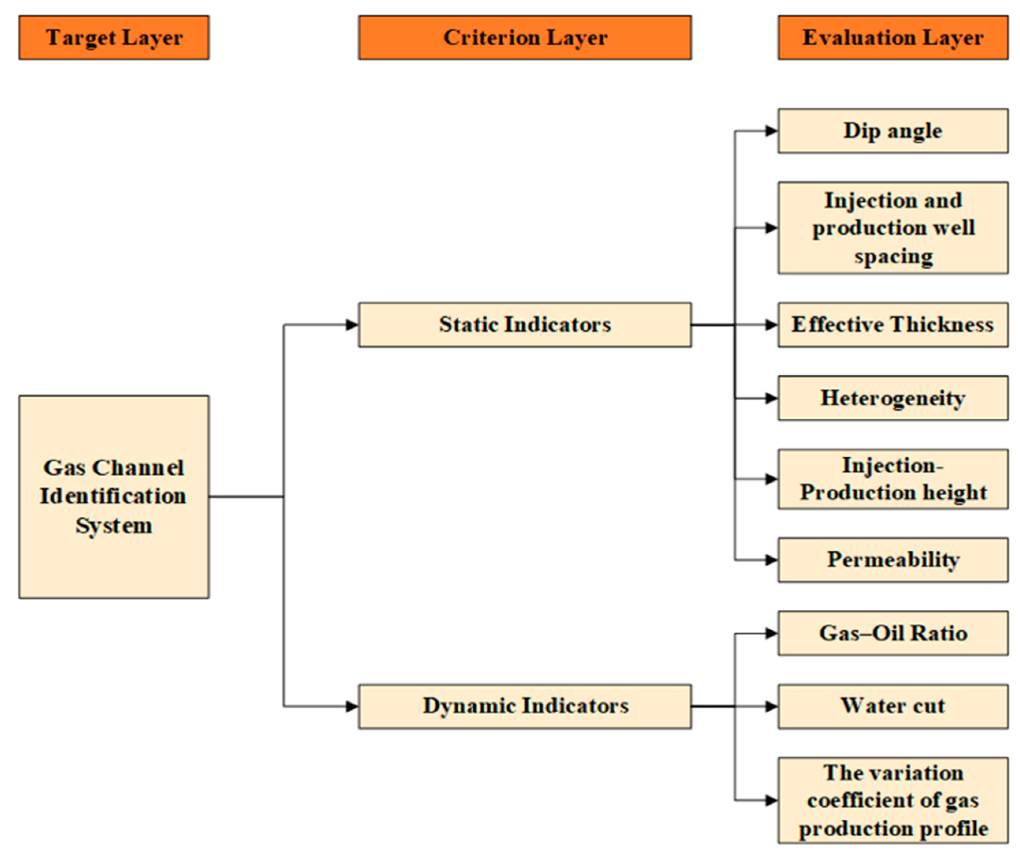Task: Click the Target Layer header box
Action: [x=114, y=37]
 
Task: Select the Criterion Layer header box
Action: [x=525, y=37]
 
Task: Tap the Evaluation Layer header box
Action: [x=893, y=37]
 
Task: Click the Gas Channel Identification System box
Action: [x=114, y=497]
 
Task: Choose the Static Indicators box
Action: [x=525, y=325]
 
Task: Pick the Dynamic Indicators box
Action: [x=525, y=706]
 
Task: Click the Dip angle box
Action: [x=893, y=131]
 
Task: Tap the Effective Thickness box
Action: [x=893, y=325]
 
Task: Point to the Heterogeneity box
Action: [x=893, y=398]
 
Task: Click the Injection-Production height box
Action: [x=893, y=479]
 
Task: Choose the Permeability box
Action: [x=893, y=560]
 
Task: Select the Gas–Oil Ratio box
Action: [x=893, y=633]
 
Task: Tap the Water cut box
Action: [x=893, y=706]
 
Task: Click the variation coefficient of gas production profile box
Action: [x=893, y=800]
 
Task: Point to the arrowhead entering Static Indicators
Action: [x=353, y=325]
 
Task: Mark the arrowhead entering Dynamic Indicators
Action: [x=353, y=706]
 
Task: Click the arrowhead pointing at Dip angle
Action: [x=772, y=131]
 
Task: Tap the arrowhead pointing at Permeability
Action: [x=772, y=560]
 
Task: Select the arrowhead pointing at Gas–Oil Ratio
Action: [x=772, y=633]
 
